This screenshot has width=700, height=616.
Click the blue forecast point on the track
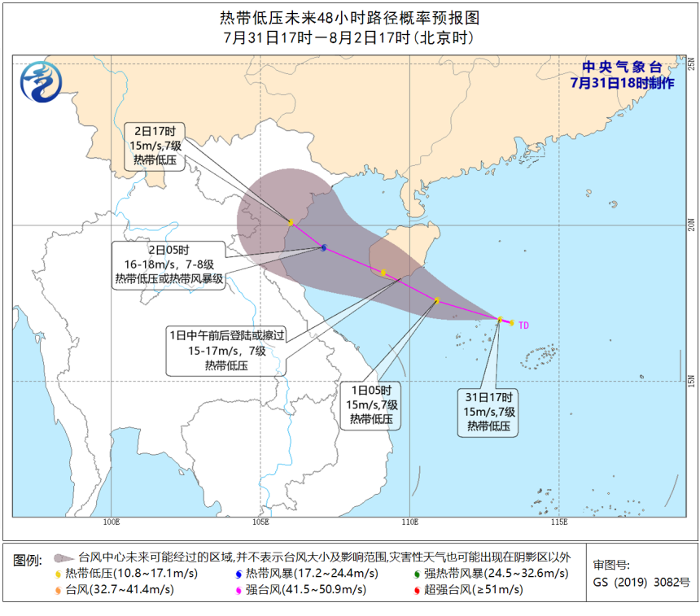pyautogui.click(x=324, y=247)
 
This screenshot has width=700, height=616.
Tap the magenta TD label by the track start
pyautogui.click(x=523, y=325)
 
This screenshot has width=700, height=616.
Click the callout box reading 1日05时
pyautogui.click(x=371, y=404)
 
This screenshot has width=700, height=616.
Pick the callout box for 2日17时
pyautogui.click(x=160, y=146)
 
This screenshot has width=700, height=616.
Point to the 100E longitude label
pyautogui.click(x=113, y=521)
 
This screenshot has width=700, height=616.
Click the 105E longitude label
pyautogui.click(x=261, y=521)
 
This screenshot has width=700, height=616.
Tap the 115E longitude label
pyautogui.click(x=558, y=521)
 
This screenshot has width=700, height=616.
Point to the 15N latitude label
pyautogui.click(x=689, y=381)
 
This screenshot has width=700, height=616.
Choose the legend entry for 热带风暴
pyautogui.click(x=300, y=574)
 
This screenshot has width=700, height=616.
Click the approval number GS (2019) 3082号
pyautogui.click(x=641, y=583)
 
